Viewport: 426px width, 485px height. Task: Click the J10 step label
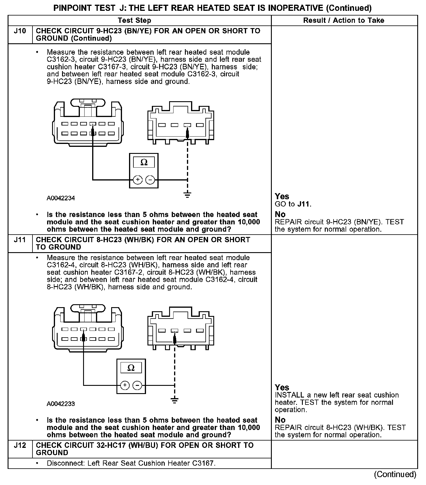[x=20, y=31]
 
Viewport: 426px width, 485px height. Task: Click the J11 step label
[x=20, y=240]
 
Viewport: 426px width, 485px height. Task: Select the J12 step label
[x=20, y=446]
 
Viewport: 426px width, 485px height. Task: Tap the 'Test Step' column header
[x=134, y=20]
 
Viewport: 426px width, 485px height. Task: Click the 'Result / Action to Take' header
[x=343, y=20]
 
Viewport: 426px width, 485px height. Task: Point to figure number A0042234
[x=61, y=198]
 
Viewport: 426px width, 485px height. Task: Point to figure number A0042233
[x=61, y=404]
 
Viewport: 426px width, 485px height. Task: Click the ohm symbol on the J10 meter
[x=144, y=162]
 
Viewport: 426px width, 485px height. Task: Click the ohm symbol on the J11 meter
[x=131, y=368]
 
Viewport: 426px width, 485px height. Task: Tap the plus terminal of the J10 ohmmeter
[x=138, y=180]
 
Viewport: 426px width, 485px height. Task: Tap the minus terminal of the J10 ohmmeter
[x=150, y=180]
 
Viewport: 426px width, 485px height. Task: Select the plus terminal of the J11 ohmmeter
[x=125, y=385]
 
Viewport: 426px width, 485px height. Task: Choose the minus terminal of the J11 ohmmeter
[x=138, y=385]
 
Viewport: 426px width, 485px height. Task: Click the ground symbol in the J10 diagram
[x=188, y=195]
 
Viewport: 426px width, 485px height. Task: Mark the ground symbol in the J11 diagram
[x=175, y=400]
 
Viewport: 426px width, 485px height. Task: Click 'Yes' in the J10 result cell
[x=282, y=196]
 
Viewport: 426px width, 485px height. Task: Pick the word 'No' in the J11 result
[x=280, y=420]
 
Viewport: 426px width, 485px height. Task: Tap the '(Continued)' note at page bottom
[x=395, y=474]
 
